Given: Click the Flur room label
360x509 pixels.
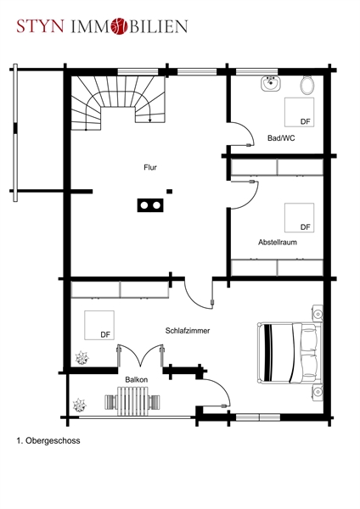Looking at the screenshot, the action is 150,167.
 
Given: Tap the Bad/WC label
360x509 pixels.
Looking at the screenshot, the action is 281,138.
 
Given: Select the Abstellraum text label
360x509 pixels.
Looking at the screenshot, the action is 278,242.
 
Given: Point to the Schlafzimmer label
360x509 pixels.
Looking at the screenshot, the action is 188,331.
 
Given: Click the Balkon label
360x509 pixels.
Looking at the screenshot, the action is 137,379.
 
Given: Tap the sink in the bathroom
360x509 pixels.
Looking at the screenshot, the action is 270,84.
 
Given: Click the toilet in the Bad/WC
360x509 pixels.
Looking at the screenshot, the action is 307,85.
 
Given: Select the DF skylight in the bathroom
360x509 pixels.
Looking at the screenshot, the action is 299,112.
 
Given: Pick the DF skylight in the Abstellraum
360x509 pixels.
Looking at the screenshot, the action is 299,218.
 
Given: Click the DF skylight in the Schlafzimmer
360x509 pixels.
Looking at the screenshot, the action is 99,325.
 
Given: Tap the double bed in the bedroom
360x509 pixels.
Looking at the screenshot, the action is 290,353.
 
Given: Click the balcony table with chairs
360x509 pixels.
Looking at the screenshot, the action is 132,401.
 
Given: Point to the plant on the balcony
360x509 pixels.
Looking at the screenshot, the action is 79,406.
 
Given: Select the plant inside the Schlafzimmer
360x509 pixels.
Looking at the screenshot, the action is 82,358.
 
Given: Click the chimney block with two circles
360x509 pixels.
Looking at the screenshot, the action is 150,205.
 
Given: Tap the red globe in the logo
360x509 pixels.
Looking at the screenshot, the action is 119,26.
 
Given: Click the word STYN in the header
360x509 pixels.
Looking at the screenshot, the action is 40,26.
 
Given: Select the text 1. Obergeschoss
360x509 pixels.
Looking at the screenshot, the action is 48,441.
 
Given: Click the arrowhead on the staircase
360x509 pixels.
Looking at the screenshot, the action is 149,120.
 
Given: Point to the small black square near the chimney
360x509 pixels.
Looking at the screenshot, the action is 169,192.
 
